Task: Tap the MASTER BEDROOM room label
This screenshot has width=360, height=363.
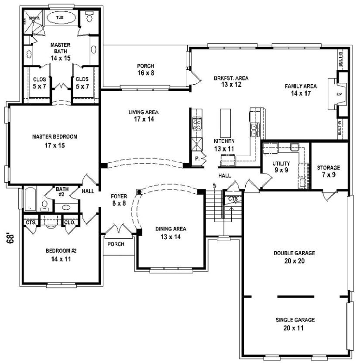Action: click(55, 137)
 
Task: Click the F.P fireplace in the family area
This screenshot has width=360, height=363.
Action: click(338, 94)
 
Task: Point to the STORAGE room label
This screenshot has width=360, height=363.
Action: click(329, 168)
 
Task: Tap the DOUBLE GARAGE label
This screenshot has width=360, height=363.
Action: click(295, 253)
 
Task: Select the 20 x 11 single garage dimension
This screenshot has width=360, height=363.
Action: click(295, 327)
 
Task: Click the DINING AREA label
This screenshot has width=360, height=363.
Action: click(171, 229)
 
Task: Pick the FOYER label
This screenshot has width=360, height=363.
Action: click(119, 196)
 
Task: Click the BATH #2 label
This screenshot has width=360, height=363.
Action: click(62, 189)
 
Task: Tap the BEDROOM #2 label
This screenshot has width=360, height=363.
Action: click(61, 251)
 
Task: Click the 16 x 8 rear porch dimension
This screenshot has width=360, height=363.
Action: click(146, 73)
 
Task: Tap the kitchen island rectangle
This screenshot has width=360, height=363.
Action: click(226, 123)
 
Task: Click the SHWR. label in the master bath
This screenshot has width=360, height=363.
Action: click(34, 18)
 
